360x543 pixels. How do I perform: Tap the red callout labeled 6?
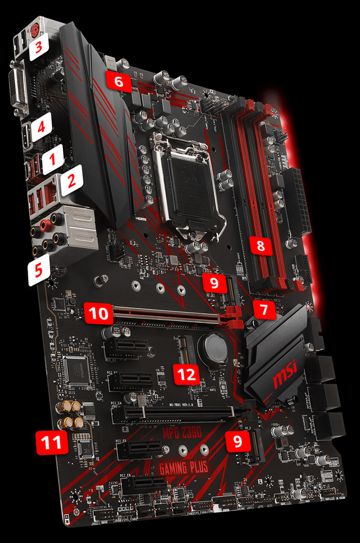[x=118, y=82]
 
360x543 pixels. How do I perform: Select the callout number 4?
[x=42, y=127]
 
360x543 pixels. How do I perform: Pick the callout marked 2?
[x=70, y=179]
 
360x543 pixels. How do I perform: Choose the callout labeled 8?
[x=260, y=245]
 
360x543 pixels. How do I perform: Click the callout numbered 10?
[x=97, y=312]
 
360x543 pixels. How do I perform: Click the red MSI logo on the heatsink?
[x=286, y=378]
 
